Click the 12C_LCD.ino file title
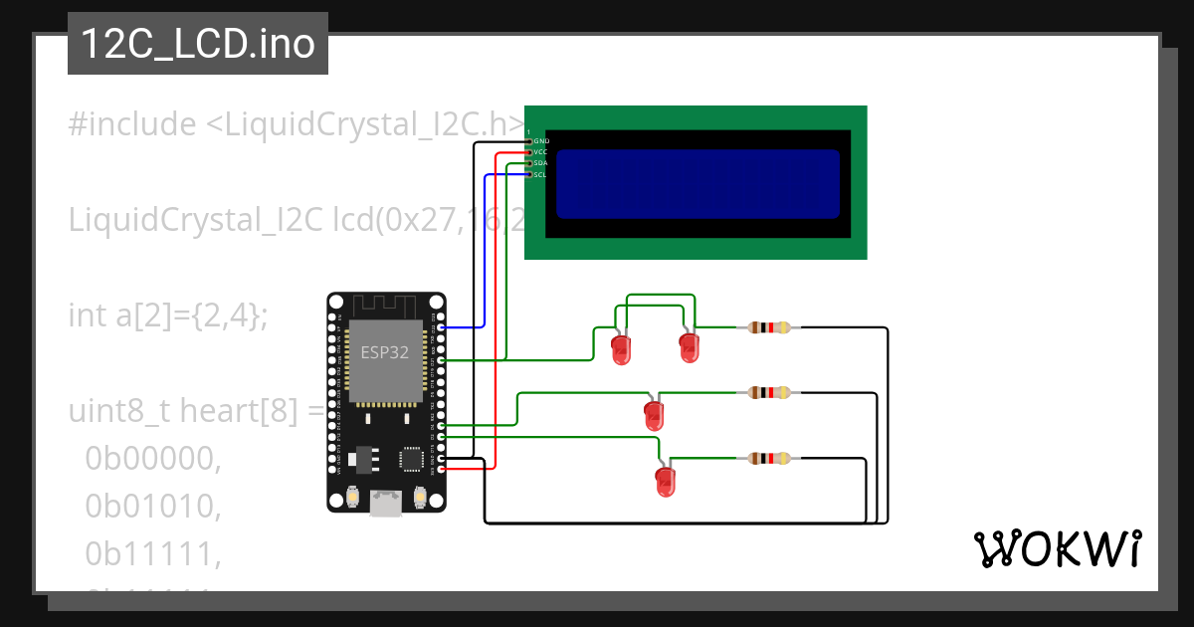[197, 44]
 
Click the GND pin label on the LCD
[541, 141]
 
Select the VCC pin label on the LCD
[541, 152]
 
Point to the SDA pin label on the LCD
[541, 163]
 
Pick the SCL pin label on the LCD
[540, 174]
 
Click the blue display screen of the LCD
[696, 184]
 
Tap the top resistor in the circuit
[769, 327]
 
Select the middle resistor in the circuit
[769, 393]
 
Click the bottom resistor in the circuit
[769, 459]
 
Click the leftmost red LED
[621, 349]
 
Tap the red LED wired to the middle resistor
[654, 414]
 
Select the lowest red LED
[665, 482]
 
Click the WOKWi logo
[1057, 548]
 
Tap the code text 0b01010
[152, 507]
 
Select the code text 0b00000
[152, 458]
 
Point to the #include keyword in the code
[132, 124]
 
